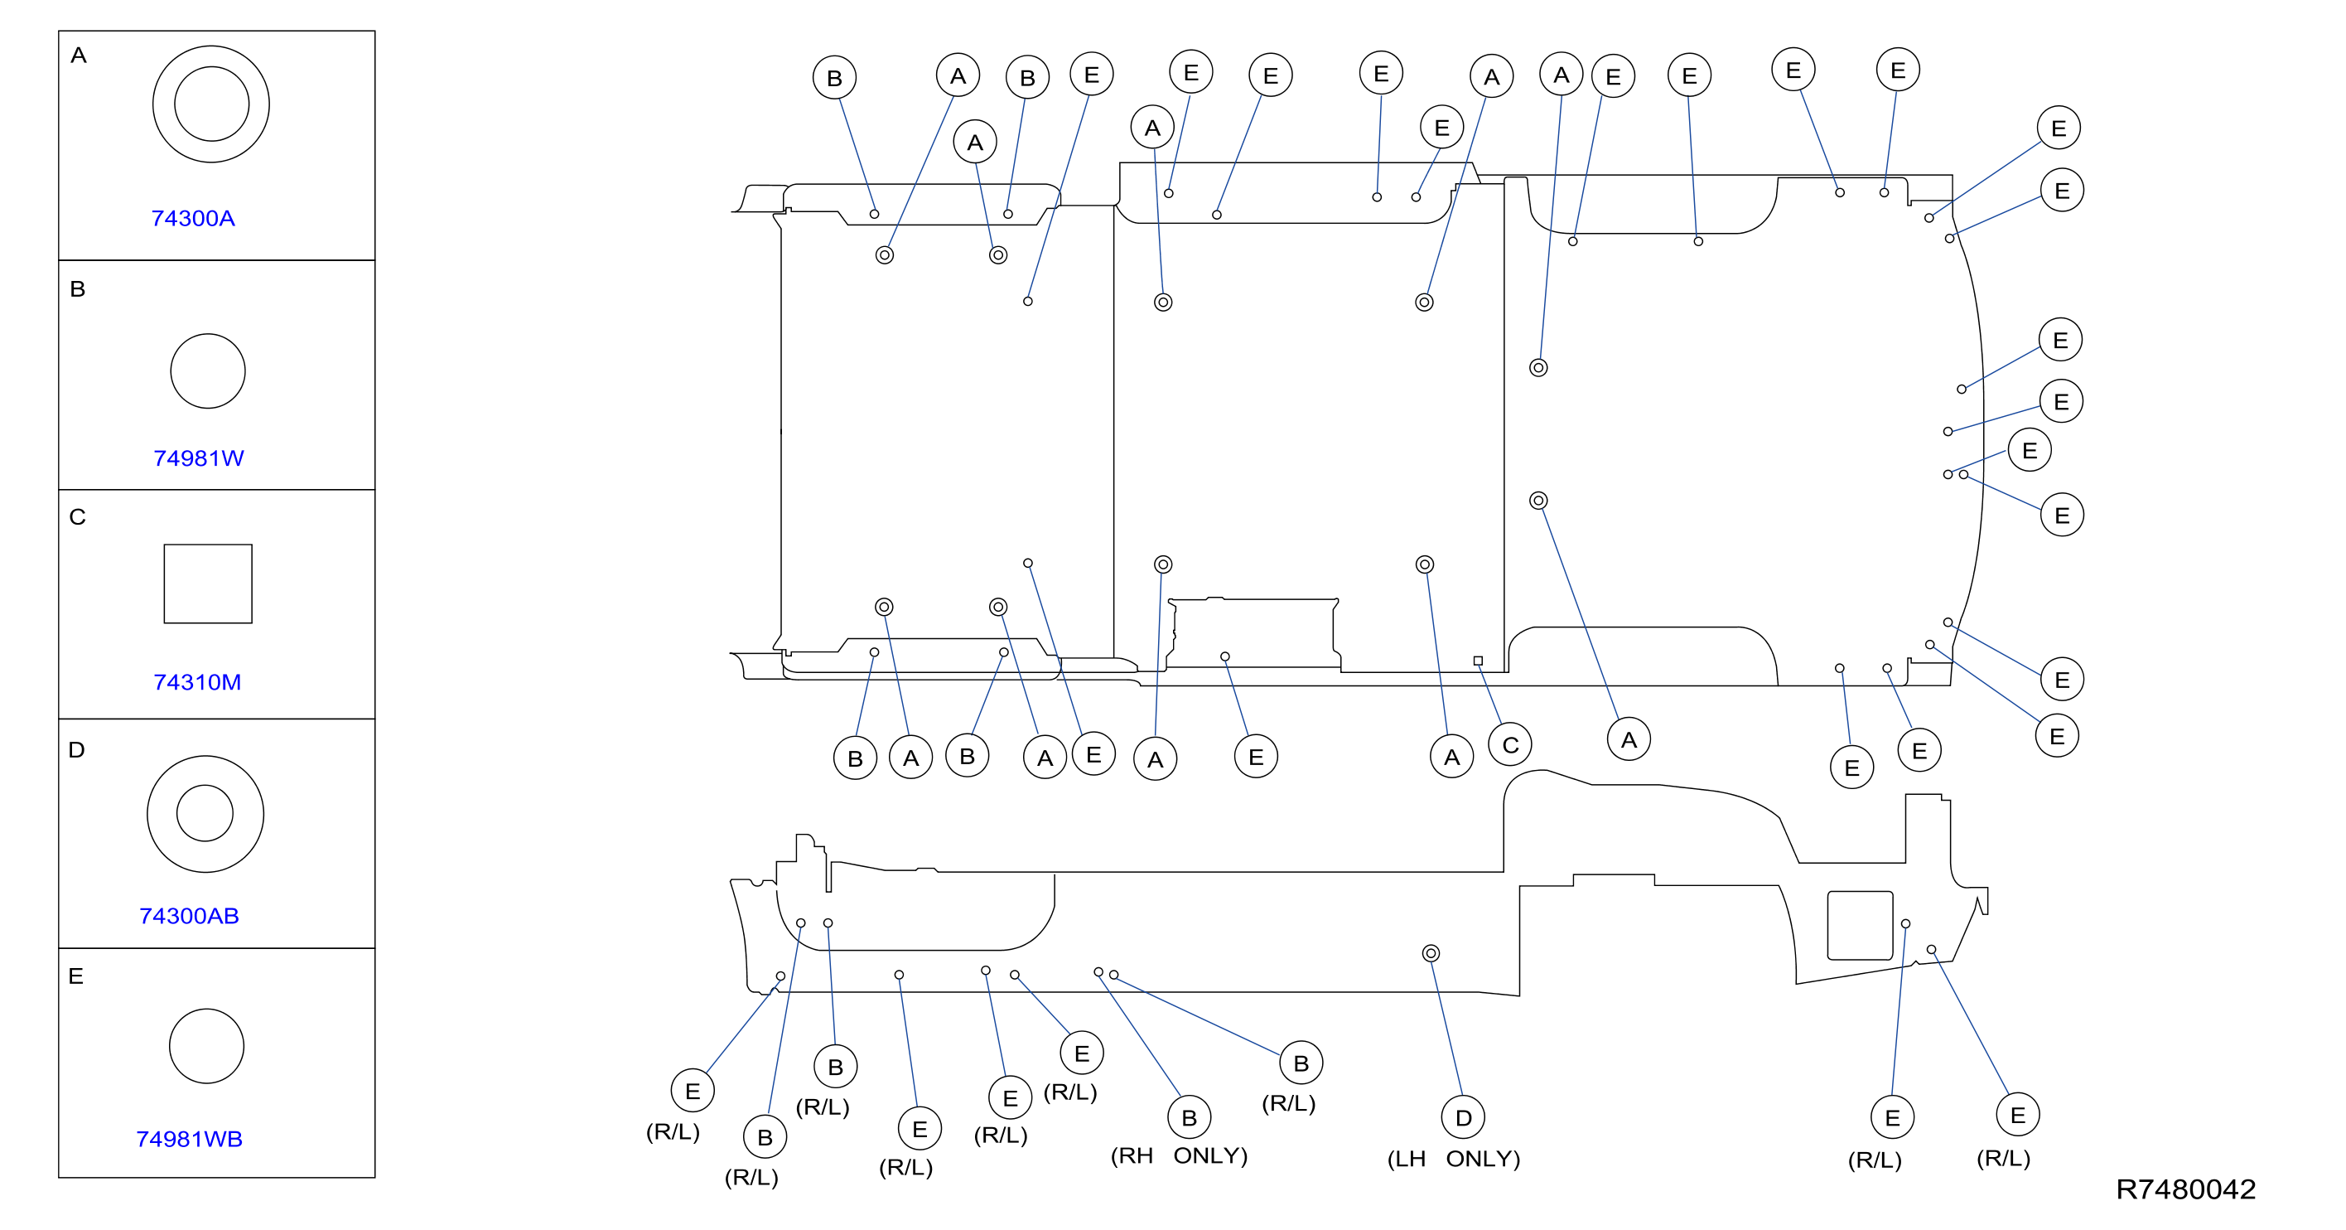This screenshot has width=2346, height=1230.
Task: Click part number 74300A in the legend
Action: click(x=193, y=219)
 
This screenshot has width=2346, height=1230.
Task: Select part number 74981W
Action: click(x=199, y=458)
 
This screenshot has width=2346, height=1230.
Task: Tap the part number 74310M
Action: click(x=198, y=682)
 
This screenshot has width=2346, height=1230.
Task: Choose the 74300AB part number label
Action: click(x=190, y=917)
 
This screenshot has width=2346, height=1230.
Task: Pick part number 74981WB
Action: click(x=190, y=1140)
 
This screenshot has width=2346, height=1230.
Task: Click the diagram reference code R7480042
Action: click(x=2186, y=1190)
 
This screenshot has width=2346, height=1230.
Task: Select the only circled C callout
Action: click(x=1510, y=745)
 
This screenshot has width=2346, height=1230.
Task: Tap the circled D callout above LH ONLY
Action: click(x=1464, y=1118)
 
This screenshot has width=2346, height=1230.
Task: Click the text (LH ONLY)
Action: click(x=1454, y=1159)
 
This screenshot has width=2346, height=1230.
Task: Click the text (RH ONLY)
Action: click(x=1179, y=1156)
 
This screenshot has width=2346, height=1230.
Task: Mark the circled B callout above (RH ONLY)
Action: click(x=1190, y=1118)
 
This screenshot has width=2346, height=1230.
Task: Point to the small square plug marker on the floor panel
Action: click(x=1478, y=661)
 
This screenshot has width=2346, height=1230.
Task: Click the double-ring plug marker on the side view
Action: click(x=1431, y=954)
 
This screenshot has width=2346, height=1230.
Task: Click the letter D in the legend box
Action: click(x=76, y=750)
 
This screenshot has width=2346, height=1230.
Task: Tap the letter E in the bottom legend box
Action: click(x=75, y=976)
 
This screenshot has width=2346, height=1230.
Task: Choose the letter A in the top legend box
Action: click(x=79, y=56)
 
